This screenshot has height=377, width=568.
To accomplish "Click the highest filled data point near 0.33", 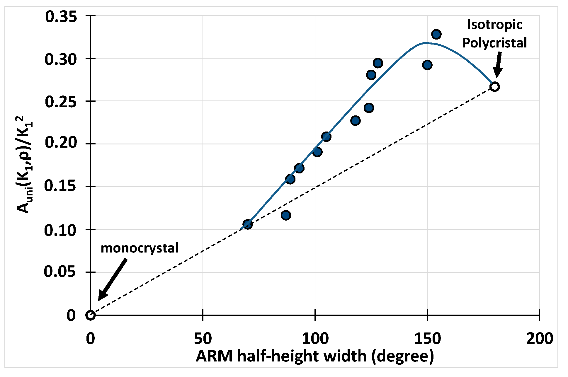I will (436, 34).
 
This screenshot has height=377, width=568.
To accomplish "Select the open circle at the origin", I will (91, 315).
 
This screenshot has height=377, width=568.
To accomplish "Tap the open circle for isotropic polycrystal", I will (494, 87).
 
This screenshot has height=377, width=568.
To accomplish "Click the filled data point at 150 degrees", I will (427, 65).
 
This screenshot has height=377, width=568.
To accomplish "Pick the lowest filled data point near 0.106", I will (248, 224).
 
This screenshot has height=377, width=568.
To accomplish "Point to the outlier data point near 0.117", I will (286, 215).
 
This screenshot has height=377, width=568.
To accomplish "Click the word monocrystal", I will (140, 248).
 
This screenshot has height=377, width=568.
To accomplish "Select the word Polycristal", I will (495, 43).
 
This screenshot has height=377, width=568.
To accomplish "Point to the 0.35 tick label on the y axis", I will (57, 16).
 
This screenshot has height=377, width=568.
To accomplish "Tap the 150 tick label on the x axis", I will (427, 339).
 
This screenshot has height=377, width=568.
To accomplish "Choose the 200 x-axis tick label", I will (539, 339).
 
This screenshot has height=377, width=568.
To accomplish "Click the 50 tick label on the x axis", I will (203, 339).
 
